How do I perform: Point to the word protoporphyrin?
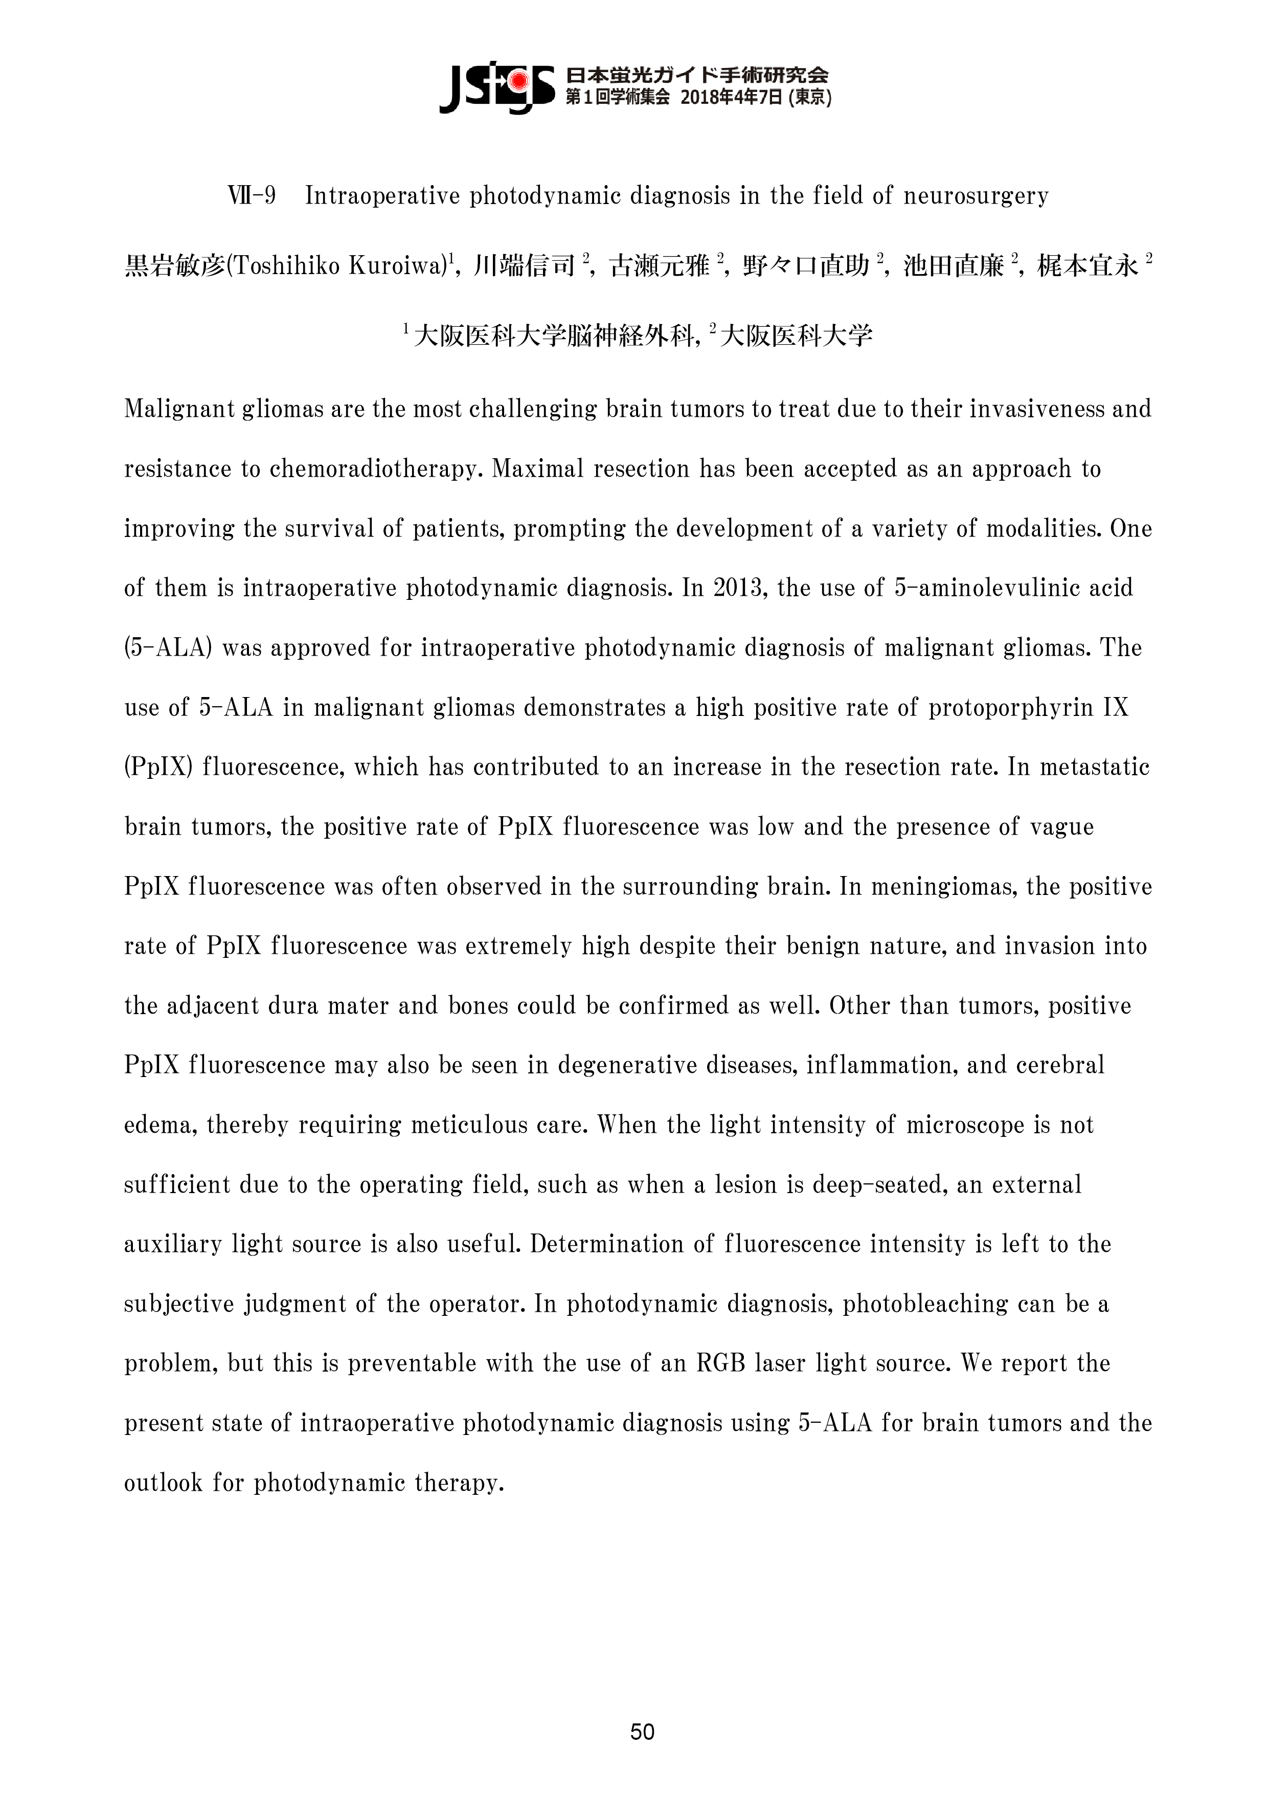1004,707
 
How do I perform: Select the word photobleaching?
925,1303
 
